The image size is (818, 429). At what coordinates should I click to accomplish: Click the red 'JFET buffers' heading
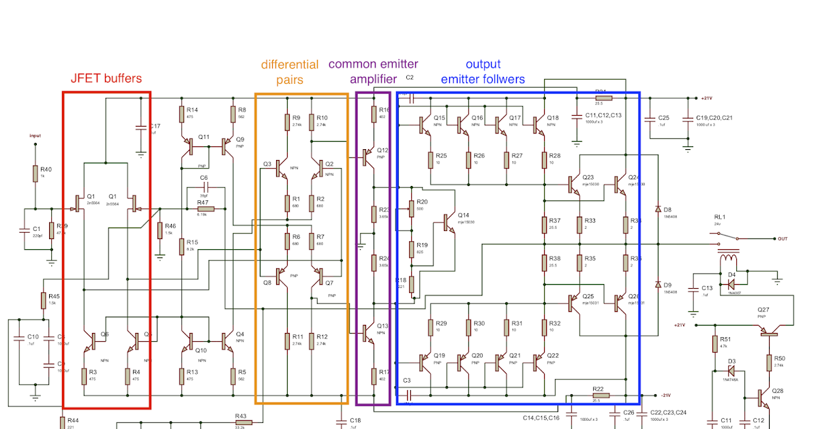click(106, 78)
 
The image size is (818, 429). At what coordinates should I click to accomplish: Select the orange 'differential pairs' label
click(298, 72)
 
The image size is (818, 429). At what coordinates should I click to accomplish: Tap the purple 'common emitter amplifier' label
click(373, 71)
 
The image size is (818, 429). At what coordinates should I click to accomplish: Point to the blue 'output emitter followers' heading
click(483, 71)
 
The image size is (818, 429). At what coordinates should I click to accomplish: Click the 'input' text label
click(35, 136)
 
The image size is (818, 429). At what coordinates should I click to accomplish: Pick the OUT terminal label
click(783, 239)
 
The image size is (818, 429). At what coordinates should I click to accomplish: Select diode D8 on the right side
click(657, 209)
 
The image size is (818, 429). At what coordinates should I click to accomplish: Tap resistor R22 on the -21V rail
click(600, 395)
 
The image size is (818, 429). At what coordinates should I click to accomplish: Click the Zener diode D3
click(730, 371)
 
